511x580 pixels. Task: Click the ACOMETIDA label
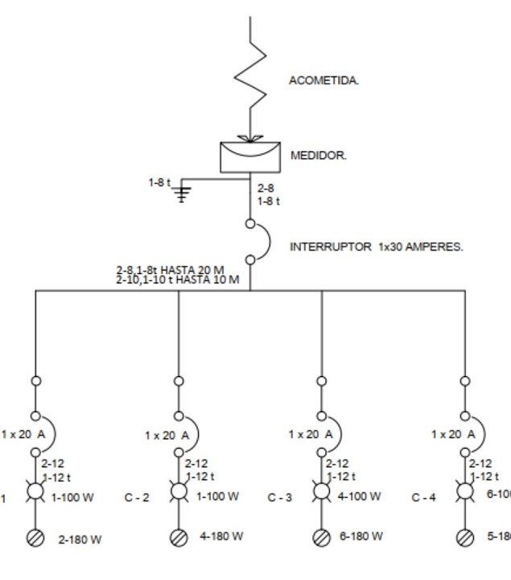pyautogui.click(x=323, y=81)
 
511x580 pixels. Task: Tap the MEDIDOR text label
pyautogui.click(x=318, y=155)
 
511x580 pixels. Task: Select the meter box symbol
pyautogui.click(x=250, y=156)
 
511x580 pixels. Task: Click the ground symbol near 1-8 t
pyautogui.click(x=183, y=193)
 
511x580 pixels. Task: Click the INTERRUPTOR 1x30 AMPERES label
pyautogui.click(x=376, y=246)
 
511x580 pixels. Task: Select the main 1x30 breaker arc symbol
pyautogui.click(x=260, y=241)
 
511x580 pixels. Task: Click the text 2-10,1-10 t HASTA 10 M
pyautogui.click(x=178, y=280)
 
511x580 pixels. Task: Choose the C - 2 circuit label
pyautogui.click(x=137, y=498)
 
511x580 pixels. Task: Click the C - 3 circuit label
pyautogui.click(x=280, y=498)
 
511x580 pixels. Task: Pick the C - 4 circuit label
pyautogui.click(x=423, y=498)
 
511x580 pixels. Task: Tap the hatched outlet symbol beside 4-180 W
pyautogui.click(x=179, y=537)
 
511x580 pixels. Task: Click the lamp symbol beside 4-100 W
pyautogui.click(x=322, y=491)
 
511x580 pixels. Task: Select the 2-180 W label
pyautogui.click(x=79, y=539)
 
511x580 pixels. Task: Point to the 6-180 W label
pyautogui.click(x=361, y=536)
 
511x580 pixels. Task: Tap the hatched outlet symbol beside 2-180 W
pyautogui.click(x=35, y=538)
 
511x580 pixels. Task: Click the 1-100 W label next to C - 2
pyautogui.click(x=217, y=497)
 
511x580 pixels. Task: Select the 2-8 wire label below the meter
pyautogui.click(x=266, y=188)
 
